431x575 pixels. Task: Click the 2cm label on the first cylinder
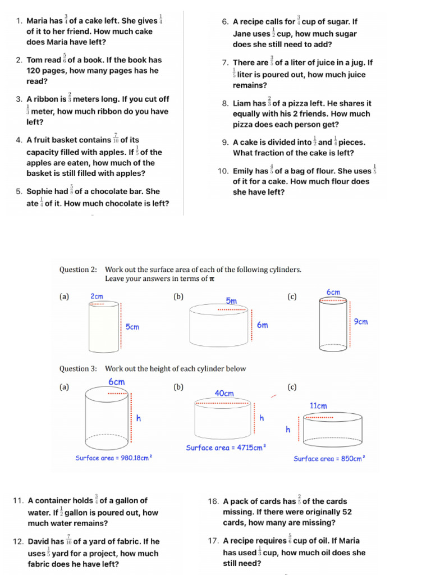[97, 296]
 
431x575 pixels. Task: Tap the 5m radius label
[231, 302]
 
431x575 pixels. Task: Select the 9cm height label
[360, 322]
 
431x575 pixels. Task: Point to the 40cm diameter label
[224, 394]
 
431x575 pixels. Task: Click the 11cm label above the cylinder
[318, 405]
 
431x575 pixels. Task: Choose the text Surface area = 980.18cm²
[114, 458]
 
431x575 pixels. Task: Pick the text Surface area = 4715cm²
[226, 448]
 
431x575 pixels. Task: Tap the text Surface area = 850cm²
[329, 459]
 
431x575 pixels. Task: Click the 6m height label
[262, 325]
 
